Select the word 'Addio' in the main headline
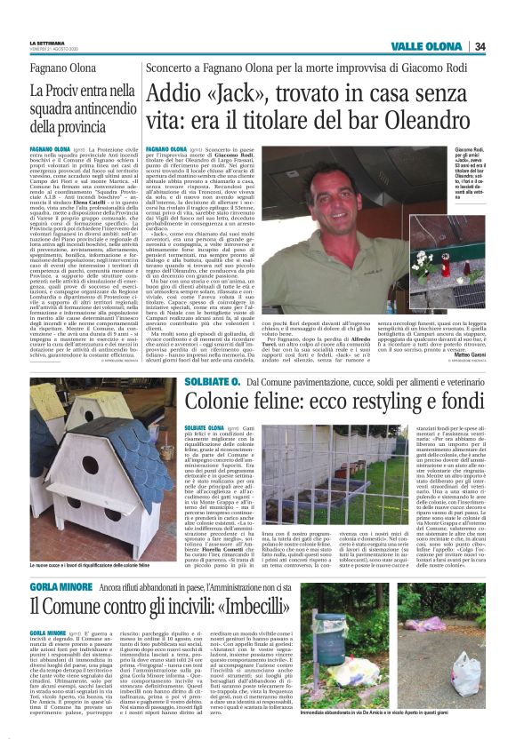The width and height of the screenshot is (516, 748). point(181,94)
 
